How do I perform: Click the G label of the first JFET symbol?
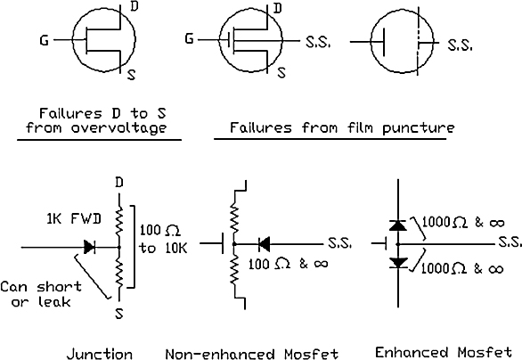(44, 41)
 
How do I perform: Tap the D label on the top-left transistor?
(134, 6)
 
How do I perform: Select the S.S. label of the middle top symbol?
(318, 42)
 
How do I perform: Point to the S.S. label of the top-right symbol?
(460, 45)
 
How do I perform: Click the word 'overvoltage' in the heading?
(118, 128)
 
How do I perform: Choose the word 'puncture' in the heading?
(418, 128)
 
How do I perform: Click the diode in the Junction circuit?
(90, 247)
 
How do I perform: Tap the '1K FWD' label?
(74, 219)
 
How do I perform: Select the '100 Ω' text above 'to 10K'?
(159, 231)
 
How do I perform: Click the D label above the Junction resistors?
(119, 183)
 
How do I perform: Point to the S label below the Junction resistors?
(119, 314)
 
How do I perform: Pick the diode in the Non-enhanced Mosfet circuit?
(264, 244)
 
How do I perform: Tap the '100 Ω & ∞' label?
(289, 264)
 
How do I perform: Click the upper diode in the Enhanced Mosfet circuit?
(398, 225)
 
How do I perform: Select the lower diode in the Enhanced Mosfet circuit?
(398, 263)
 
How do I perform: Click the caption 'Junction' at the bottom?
(100, 354)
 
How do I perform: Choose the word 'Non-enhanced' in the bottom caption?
(220, 354)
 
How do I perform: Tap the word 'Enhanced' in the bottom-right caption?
(411, 352)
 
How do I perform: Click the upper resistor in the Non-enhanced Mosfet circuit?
(234, 218)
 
